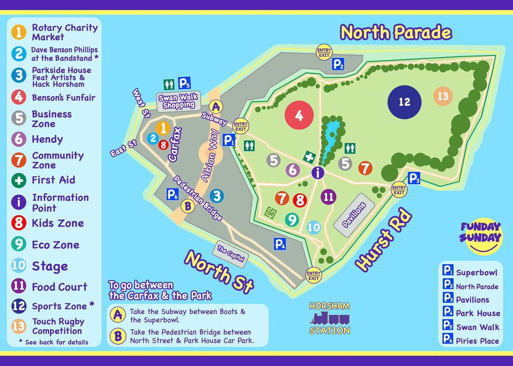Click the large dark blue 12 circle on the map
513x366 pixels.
pyautogui.click(x=404, y=102)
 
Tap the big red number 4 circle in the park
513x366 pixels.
pyautogui.click(x=299, y=116)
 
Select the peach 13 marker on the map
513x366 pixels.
pyautogui.click(x=443, y=96)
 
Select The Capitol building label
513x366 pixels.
pyautogui.click(x=230, y=254)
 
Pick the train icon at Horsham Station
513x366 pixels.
pyautogui.click(x=330, y=318)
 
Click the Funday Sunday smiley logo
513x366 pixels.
pyautogui.click(x=480, y=237)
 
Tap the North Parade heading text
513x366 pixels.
pyautogui.click(x=395, y=33)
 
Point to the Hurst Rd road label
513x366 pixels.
pyautogui.click(x=383, y=239)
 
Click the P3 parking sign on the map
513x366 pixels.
pyautogui.click(x=414, y=178)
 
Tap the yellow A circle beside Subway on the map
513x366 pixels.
pyautogui.click(x=217, y=106)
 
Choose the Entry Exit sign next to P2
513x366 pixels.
pyautogui.click(x=324, y=53)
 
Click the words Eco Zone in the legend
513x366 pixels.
pyautogui.click(x=56, y=245)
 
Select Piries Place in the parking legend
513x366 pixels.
pyautogui.click(x=477, y=341)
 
